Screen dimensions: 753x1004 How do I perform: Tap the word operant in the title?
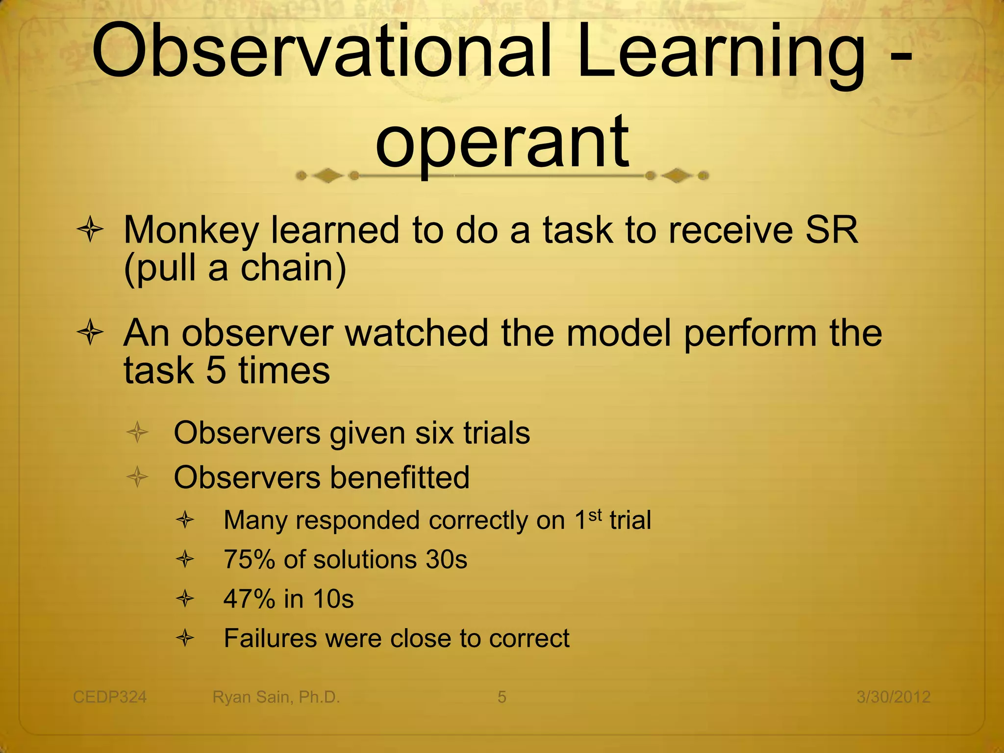click(502, 142)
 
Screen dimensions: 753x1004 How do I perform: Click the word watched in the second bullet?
click(417, 333)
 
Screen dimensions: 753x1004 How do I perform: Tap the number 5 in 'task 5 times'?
click(216, 371)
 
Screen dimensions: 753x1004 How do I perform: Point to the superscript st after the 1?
click(595, 515)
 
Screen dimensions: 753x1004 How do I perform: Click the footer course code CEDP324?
click(110, 697)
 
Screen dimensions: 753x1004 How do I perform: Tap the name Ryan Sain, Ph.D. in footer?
click(276, 697)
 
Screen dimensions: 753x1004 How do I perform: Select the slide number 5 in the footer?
click(502, 697)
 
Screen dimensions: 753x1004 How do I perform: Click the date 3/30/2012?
click(893, 697)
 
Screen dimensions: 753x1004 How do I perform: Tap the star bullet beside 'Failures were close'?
click(185, 638)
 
